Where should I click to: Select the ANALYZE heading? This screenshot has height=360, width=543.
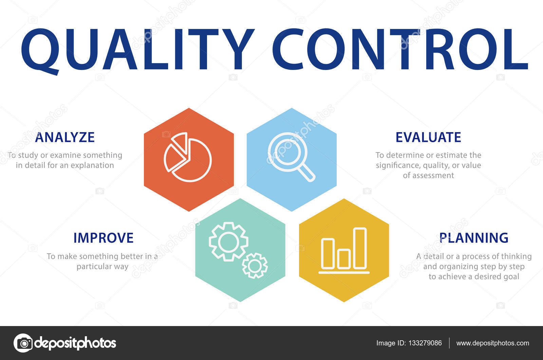pos(65,137)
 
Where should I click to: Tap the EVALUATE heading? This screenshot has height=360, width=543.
pos(428,137)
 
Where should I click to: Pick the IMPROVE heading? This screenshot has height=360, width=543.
pos(104,238)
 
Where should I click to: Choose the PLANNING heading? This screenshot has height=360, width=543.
pos(474,238)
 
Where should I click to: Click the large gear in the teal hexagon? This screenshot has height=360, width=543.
pos(228,241)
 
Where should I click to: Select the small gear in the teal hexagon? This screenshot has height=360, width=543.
pos(255,266)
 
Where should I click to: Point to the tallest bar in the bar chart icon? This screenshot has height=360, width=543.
pos(360,249)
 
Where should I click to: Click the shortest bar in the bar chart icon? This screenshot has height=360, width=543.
pos(343,259)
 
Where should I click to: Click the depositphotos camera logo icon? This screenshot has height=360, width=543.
pos(23,343)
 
